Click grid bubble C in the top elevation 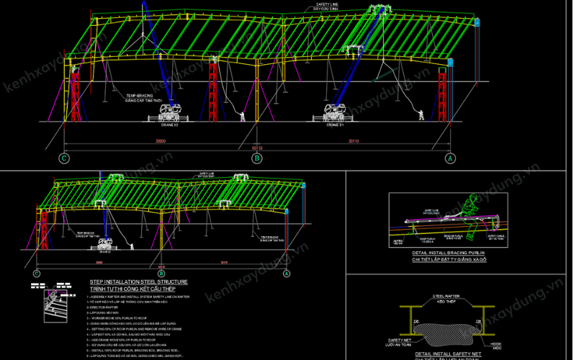pos(65,158)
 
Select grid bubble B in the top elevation pos(257,158)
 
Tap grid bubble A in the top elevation pos(450,158)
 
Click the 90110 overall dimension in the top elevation pos(257,148)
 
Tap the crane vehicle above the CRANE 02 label pos(170,112)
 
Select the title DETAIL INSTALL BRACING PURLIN pos(450,253)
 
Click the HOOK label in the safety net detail pos(497,346)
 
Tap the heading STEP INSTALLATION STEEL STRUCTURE pos(138,282)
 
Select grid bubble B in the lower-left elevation pos(161,274)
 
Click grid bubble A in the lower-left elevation pos(286,274)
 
